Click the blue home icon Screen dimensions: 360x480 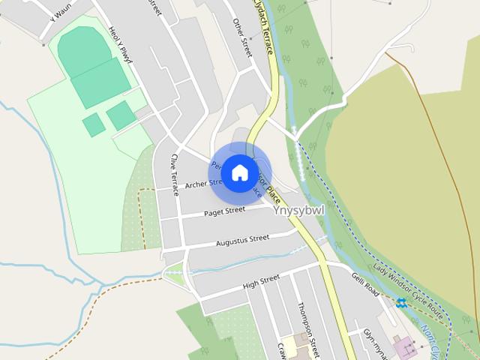coord(239,172)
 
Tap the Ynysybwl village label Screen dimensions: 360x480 coord(298,211)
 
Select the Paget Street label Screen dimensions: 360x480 coord(225,211)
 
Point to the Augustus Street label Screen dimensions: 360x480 coord(242,240)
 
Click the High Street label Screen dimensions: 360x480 coord(261,282)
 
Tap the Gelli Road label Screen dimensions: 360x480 coord(365,283)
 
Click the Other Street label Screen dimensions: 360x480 coord(241,37)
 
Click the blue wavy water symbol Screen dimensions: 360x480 coord(401,303)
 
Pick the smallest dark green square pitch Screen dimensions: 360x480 coord(94,124)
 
